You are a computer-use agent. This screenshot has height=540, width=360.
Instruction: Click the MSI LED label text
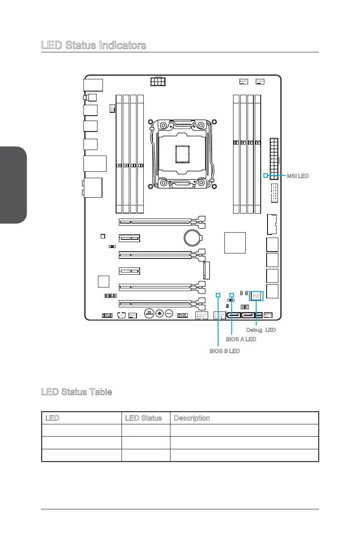click(297, 175)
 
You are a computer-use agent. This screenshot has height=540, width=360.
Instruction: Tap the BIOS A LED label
click(241, 339)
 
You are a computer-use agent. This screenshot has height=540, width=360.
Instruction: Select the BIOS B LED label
click(224, 351)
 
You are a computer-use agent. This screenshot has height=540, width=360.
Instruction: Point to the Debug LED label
click(261, 330)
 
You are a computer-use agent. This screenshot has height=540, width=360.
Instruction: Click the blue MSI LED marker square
click(266, 175)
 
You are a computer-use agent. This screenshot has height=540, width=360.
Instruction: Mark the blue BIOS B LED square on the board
click(218, 295)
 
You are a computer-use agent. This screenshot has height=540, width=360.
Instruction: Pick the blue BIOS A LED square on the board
click(232, 295)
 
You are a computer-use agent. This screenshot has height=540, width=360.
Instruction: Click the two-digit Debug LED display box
click(256, 296)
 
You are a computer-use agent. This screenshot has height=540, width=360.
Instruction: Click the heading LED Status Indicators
click(93, 45)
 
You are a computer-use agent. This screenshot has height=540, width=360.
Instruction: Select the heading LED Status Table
click(76, 392)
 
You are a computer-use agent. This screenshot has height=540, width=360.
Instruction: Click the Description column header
click(191, 418)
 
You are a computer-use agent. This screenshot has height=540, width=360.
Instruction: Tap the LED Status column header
click(144, 418)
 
